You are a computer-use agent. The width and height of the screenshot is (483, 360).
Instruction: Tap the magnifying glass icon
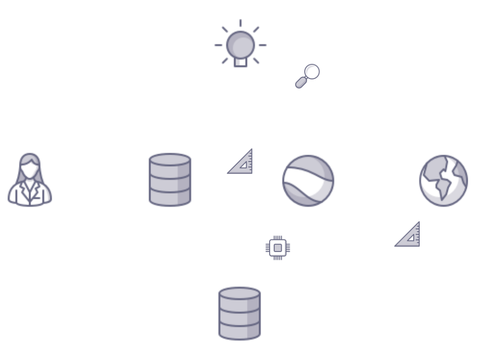[x=308, y=76]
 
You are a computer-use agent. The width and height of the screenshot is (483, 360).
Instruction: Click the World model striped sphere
[x=308, y=180]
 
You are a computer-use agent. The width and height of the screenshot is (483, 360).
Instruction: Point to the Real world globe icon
[x=443, y=180]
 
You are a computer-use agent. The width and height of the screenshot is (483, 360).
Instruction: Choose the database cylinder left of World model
[x=169, y=180]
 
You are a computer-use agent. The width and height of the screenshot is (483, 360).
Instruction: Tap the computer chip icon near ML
[x=277, y=248]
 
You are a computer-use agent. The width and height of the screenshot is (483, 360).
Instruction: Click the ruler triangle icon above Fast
[x=241, y=162]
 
